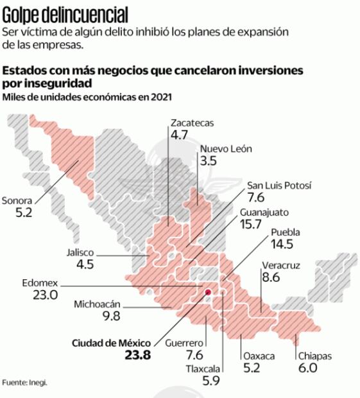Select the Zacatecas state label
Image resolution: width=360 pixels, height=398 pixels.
[x=192, y=123]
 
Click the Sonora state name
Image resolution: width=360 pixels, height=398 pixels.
[x=19, y=199]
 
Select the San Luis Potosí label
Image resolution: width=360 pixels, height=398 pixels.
[x=279, y=186]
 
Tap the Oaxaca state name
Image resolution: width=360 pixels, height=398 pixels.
[x=259, y=356]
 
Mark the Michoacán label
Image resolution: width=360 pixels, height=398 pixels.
[x=98, y=304]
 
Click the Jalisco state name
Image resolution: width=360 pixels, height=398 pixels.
[x=80, y=252]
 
